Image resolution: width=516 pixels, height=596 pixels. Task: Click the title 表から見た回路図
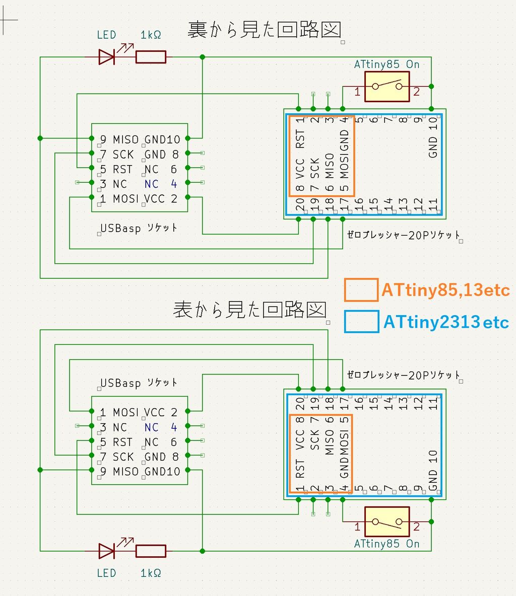coord(249,309)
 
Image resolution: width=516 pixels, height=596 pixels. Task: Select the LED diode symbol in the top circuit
coord(106,57)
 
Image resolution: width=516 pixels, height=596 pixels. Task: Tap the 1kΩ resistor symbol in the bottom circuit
coord(151,551)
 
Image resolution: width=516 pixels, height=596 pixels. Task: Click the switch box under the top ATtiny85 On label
coord(386,87)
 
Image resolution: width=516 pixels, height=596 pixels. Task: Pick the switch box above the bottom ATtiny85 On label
coord(386,521)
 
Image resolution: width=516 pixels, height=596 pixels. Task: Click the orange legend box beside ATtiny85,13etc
coord(361,290)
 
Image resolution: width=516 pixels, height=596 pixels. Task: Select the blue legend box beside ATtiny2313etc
coord(361,322)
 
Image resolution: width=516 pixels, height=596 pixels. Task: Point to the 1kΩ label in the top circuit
coord(151,35)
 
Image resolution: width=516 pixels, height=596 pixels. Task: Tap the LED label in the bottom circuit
coord(106,573)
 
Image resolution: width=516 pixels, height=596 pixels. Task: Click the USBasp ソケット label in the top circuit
coord(139,228)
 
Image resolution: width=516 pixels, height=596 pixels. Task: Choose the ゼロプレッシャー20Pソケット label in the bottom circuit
coord(403,375)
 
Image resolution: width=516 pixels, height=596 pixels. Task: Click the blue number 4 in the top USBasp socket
coord(174,184)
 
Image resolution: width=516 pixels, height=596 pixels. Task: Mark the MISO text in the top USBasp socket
coord(125,139)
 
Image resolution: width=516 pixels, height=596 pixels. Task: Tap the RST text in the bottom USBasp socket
coord(122,442)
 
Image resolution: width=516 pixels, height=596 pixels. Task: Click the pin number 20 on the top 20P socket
coord(300,204)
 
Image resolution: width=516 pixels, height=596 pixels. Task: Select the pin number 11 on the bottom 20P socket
coord(433,403)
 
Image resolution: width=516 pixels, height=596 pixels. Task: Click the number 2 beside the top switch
coord(416,92)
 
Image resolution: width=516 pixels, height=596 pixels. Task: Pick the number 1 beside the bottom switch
coord(357,527)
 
